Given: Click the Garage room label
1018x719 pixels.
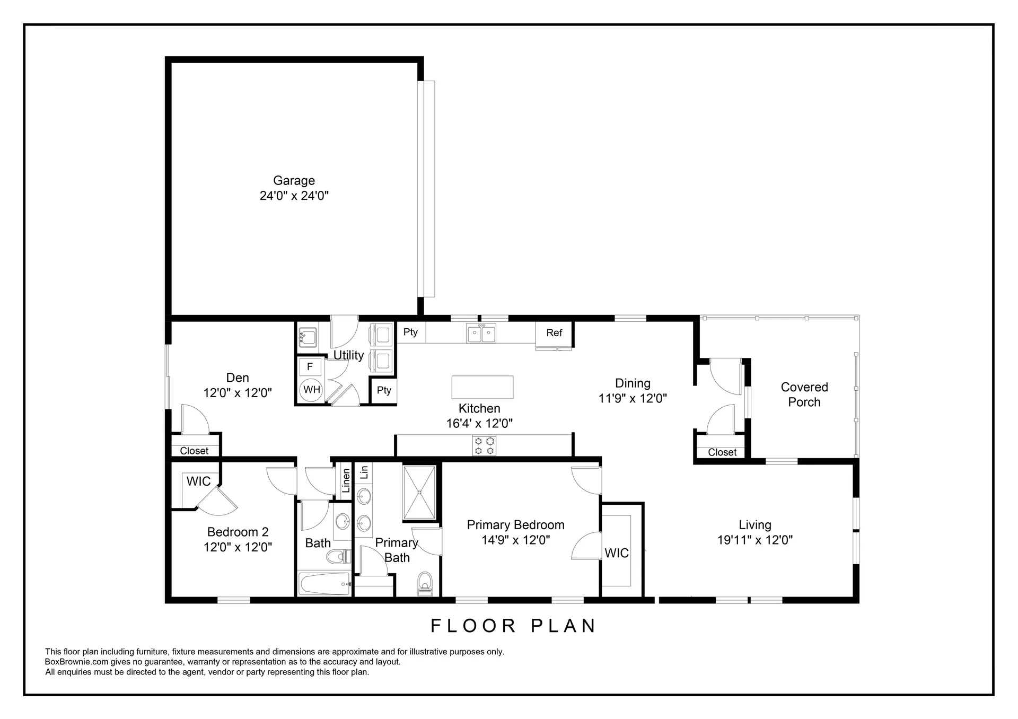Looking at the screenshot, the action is click(x=294, y=181).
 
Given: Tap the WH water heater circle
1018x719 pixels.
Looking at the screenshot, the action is click(x=311, y=390).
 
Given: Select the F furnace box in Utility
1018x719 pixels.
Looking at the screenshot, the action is click(x=310, y=366).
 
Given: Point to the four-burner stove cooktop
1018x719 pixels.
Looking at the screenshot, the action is click(x=485, y=445).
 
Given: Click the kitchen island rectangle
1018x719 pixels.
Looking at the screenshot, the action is click(x=482, y=387).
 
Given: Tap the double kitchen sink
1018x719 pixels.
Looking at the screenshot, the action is click(x=481, y=334).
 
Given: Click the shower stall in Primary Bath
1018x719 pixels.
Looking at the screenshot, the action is click(x=419, y=493).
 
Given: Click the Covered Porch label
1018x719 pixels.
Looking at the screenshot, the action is click(x=804, y=394).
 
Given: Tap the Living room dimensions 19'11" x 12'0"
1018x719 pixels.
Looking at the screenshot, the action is click(x=755, y=540).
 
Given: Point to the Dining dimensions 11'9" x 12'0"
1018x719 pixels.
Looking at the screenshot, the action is click(x=633, y=399).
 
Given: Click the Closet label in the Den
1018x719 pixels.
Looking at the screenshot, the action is click(x=194, y=451).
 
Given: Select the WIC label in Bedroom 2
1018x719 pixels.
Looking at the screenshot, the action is click(x=198, y=481).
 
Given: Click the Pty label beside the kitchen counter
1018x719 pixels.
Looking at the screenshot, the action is click(x=410, y=332).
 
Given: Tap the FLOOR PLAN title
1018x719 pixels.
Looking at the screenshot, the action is click(x=513, y=626).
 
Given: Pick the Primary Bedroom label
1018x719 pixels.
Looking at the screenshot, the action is click(x=515, y=525).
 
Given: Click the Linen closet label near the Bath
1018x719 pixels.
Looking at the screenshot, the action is click(x=346, y=481).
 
